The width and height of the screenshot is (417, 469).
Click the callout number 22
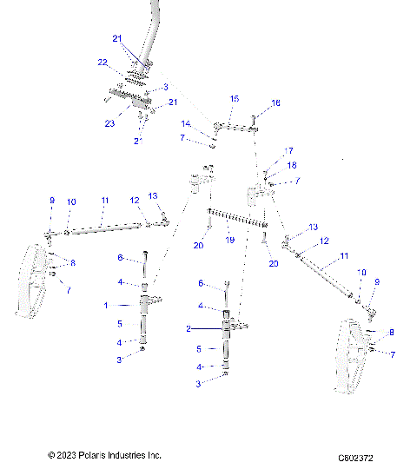pos(103,63)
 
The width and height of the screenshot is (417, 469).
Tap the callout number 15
pos(234,99)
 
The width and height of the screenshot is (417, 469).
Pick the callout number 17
pos(288,150)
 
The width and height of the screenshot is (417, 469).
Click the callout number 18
pos(292,164)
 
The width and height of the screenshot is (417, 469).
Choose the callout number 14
pos(186,124)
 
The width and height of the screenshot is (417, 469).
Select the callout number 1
pos(106,305)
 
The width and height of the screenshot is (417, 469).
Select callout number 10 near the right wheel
pos(362,272)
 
